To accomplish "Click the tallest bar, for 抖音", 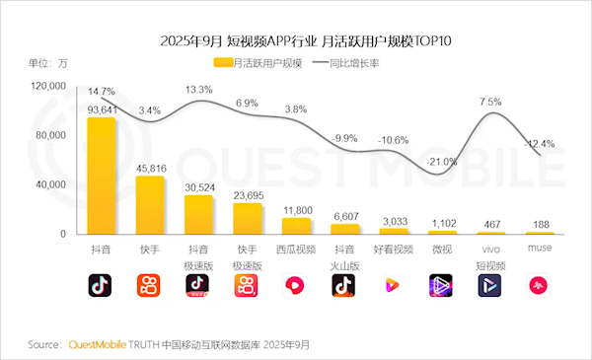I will [102, 176].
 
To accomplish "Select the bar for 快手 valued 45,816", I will [150, 205].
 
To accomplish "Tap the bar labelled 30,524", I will [199, 214].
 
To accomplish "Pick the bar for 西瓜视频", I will [296, 226].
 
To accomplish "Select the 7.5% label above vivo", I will [490, 102].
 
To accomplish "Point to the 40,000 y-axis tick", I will [50, 184].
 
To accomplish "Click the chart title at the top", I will [295, 40].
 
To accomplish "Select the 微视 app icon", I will [441, 286].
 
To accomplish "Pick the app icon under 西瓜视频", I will [296, 286].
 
